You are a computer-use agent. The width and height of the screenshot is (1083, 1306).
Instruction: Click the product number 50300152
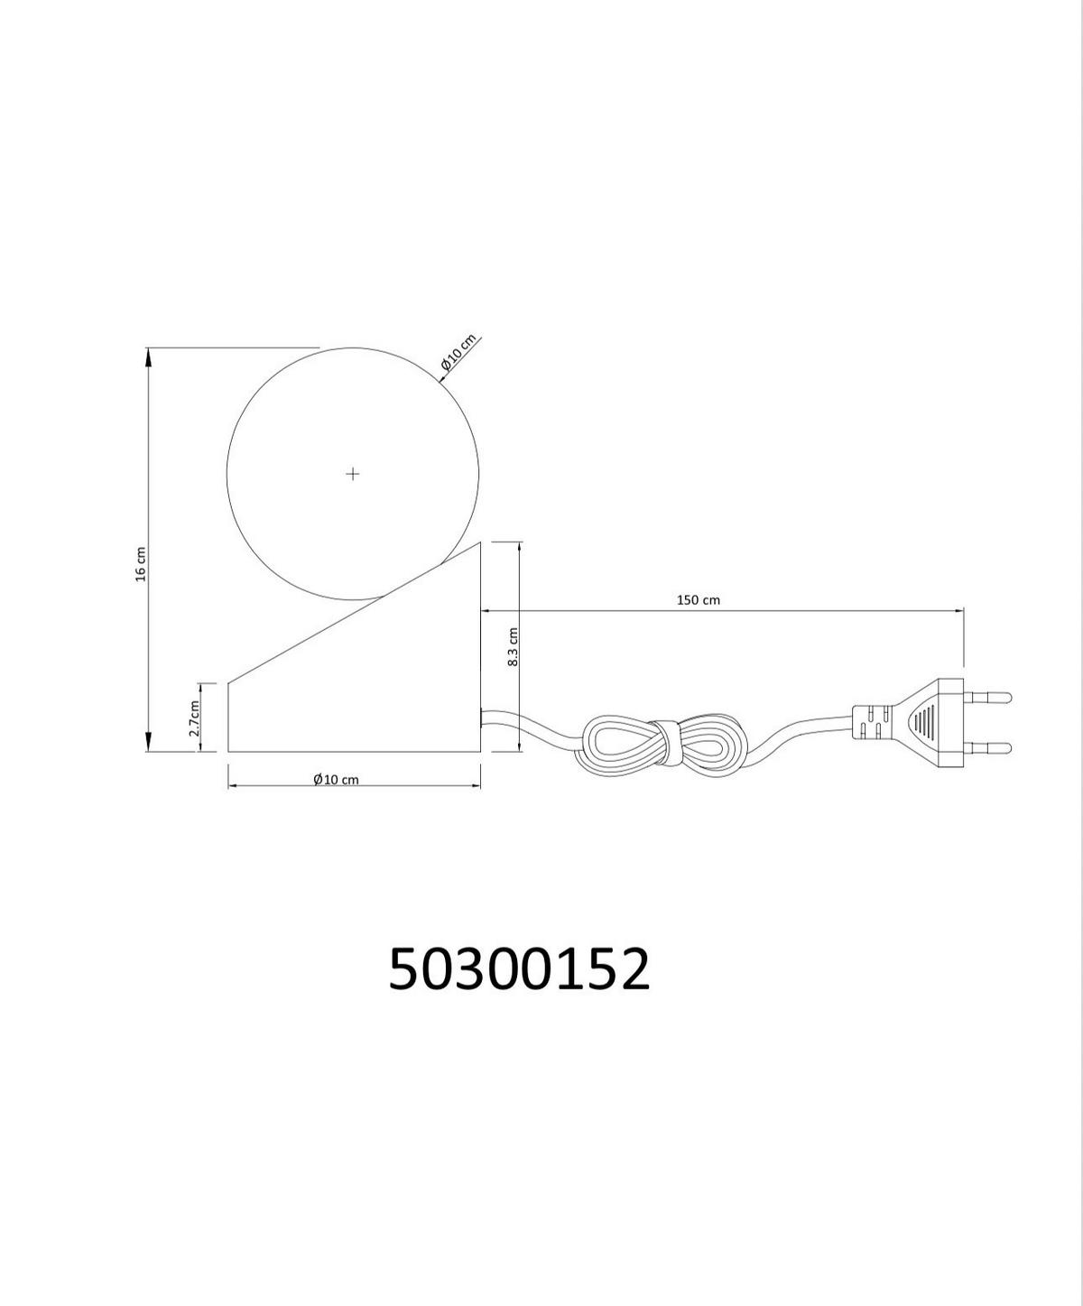pos(519,968)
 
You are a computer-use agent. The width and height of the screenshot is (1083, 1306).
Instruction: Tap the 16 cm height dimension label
pos(141,564)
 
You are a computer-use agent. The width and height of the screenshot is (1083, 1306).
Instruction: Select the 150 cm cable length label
pos(699,600)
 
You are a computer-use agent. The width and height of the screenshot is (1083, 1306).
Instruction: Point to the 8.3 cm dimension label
pos(513,647)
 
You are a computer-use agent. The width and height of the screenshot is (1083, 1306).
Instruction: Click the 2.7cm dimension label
pos(195,718)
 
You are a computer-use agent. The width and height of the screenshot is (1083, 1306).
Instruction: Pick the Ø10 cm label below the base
pos(336,779)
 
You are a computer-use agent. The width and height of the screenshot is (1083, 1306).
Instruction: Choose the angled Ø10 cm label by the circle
pos(458,352)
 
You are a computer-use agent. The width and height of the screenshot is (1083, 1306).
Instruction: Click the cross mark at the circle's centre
pos(352,474)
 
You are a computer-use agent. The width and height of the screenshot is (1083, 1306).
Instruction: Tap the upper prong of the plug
pos(988,696)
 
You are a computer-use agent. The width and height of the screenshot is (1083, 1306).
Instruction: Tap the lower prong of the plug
pos(988,746)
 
